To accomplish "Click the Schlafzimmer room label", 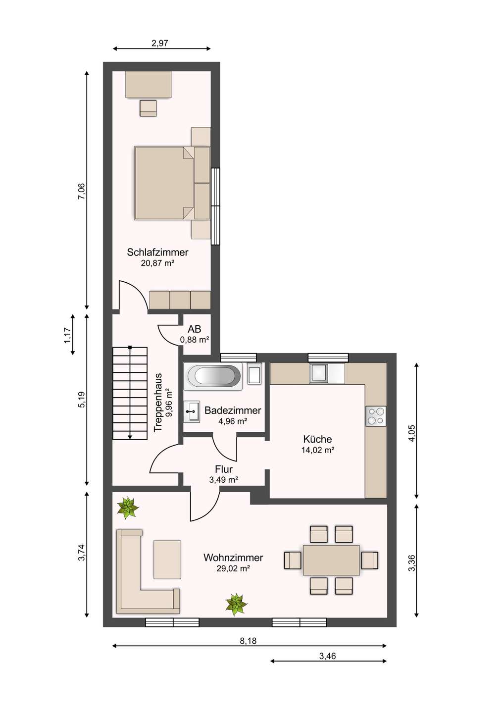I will (x=157, y=252).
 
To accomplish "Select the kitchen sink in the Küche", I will (x=319, y=373).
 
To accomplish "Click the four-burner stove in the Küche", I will (x=376, y=416).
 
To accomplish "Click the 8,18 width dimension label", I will (x=248, y=641).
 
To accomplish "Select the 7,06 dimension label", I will (x=82, y=191).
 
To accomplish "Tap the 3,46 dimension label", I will (x=327, y=656).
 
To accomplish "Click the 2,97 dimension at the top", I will (x=160, y=43).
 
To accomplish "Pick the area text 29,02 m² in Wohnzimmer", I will (x=233, y=568).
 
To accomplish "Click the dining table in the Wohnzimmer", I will (x=331, y=560).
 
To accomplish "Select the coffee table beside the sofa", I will (x=167, y=560).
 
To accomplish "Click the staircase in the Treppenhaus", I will (x=130, y=394).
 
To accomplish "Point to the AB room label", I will (x=194, y=329).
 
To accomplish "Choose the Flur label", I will (x=224, y=469).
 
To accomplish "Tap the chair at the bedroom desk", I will (x=148, y=108).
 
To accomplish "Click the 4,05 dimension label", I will (x=411, y=433).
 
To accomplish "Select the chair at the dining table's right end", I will (x=370, y=560).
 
